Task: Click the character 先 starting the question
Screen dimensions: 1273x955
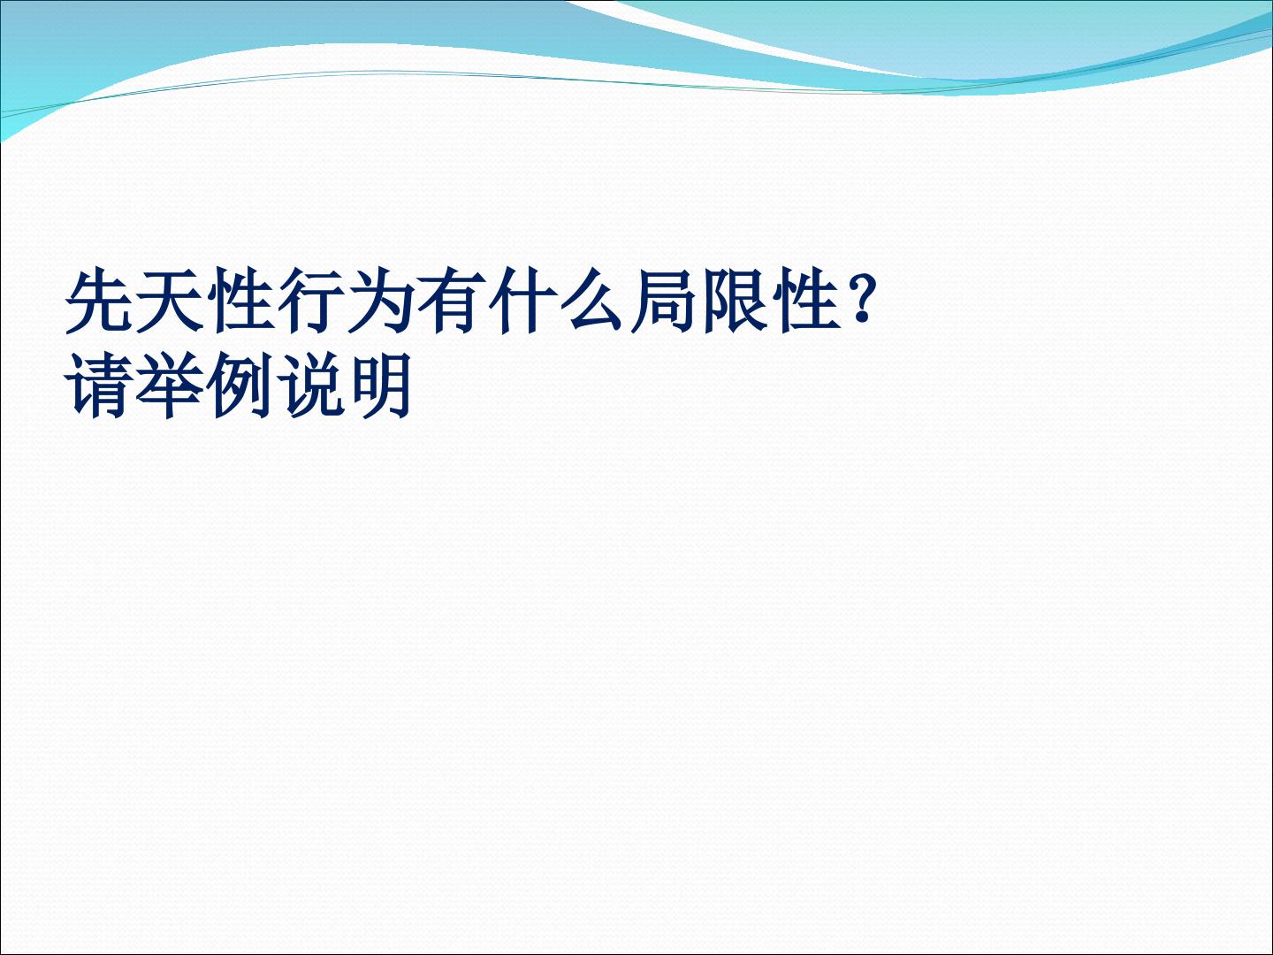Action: [100, 301]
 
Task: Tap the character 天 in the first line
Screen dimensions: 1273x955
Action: [172, 301]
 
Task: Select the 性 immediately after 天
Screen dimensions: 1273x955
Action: [242, 301]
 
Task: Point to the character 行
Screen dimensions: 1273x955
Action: [313, 301]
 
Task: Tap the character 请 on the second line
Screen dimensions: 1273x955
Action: [100, 386]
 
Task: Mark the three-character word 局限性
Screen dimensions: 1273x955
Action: [737, 301]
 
